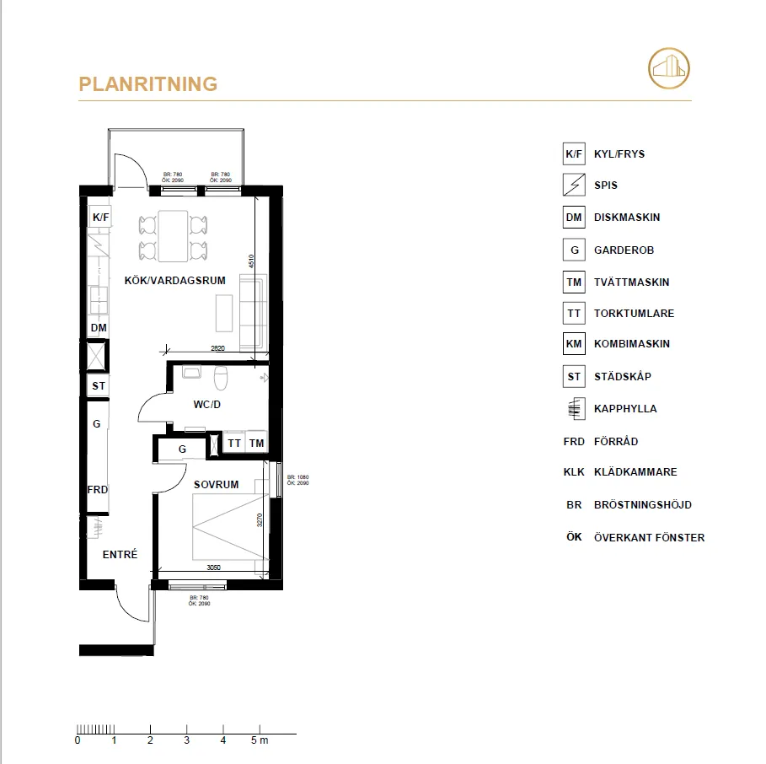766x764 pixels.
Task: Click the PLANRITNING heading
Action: (147, 84)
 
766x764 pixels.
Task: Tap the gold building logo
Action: (668, 67)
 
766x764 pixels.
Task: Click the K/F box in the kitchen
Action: (101, 218)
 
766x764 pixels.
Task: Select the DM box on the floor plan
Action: (99, 327)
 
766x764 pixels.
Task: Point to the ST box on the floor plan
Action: (99, 386)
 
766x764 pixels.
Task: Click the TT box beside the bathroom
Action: (234, 443)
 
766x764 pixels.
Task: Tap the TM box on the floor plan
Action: (256, 443)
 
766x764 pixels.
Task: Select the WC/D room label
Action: (206, 405)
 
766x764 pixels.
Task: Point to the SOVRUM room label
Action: (217, 485)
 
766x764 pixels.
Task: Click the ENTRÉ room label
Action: (120, 554)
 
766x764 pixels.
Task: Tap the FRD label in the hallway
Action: (98, 490)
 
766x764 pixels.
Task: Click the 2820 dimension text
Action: (218, 347)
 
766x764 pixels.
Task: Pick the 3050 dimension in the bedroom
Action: (214, 568)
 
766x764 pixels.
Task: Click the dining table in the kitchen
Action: (173, 235)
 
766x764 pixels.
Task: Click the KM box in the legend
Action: (574, 344)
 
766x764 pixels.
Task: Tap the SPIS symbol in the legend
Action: (574, 185)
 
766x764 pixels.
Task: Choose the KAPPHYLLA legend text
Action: (625, 409)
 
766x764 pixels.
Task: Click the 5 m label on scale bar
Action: (260, 741)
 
